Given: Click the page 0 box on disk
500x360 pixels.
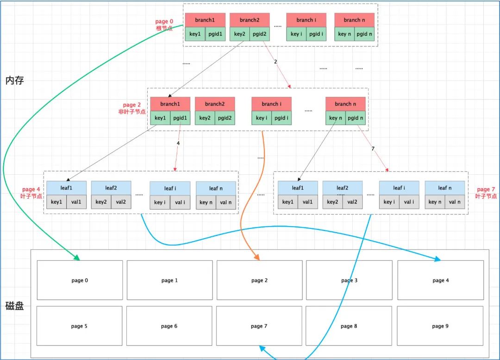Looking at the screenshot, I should click(80, 280).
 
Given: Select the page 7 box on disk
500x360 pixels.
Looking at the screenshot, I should click(259, 326).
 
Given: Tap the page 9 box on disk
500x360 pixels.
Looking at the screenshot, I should click(440, 326).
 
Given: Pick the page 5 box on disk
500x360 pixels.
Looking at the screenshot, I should click(80, 326).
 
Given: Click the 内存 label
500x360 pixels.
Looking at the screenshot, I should click(14, 81).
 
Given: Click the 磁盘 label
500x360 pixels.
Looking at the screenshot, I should click(14, 306).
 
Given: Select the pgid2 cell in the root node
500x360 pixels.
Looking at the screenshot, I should click(260, 34).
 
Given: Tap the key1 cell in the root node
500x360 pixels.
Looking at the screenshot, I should click(195, 34).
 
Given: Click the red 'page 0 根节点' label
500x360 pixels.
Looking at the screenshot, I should click(164, 25).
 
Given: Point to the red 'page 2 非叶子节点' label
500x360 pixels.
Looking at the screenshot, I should click(132, 108).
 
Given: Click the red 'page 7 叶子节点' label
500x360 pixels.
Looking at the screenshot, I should click(486, 193).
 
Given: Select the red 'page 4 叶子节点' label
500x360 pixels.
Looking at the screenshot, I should click(31, 193).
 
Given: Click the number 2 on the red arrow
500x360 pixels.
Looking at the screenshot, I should click(275, 61).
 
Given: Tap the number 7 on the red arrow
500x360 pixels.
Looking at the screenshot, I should click(373, 149).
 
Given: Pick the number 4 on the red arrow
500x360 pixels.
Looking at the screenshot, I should click(178, 143).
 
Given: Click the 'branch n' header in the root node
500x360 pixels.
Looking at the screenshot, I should click(354, 20).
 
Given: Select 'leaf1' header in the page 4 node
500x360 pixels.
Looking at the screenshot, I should click(66, 188).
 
